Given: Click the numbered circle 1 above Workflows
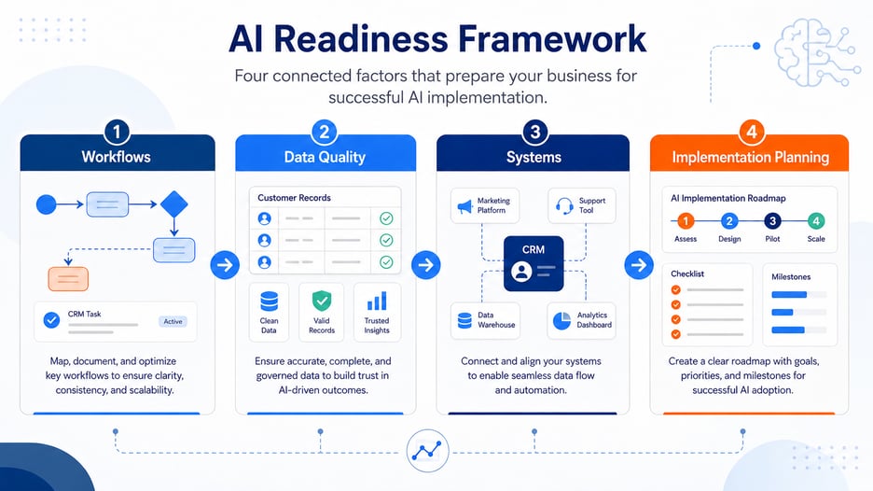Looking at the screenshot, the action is (117, 133).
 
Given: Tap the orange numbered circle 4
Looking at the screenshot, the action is (751, 133).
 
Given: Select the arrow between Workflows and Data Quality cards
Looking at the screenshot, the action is (225, 265).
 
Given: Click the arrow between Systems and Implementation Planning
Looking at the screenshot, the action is (639, 265).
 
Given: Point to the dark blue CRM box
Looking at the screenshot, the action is (533, 263).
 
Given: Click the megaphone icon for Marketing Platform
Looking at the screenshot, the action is (464, 207).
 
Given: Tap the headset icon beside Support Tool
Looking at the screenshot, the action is (564, 206).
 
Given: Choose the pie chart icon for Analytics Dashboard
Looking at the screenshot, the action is (561, 320).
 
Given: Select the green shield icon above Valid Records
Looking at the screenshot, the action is (321, 301).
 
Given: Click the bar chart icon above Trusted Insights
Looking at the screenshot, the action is (377, 301).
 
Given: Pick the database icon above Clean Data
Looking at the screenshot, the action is (269, 302).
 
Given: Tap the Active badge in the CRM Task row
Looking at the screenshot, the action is (173, 321).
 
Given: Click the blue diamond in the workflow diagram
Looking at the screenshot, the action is (174, 204).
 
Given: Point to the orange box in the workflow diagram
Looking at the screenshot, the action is (68, 279).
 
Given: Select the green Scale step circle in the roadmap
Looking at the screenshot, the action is (816, 221).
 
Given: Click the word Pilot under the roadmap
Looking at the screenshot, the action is (772, 239).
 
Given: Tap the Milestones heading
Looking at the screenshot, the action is (791, 277).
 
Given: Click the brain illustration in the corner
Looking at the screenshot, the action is (816, 53).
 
